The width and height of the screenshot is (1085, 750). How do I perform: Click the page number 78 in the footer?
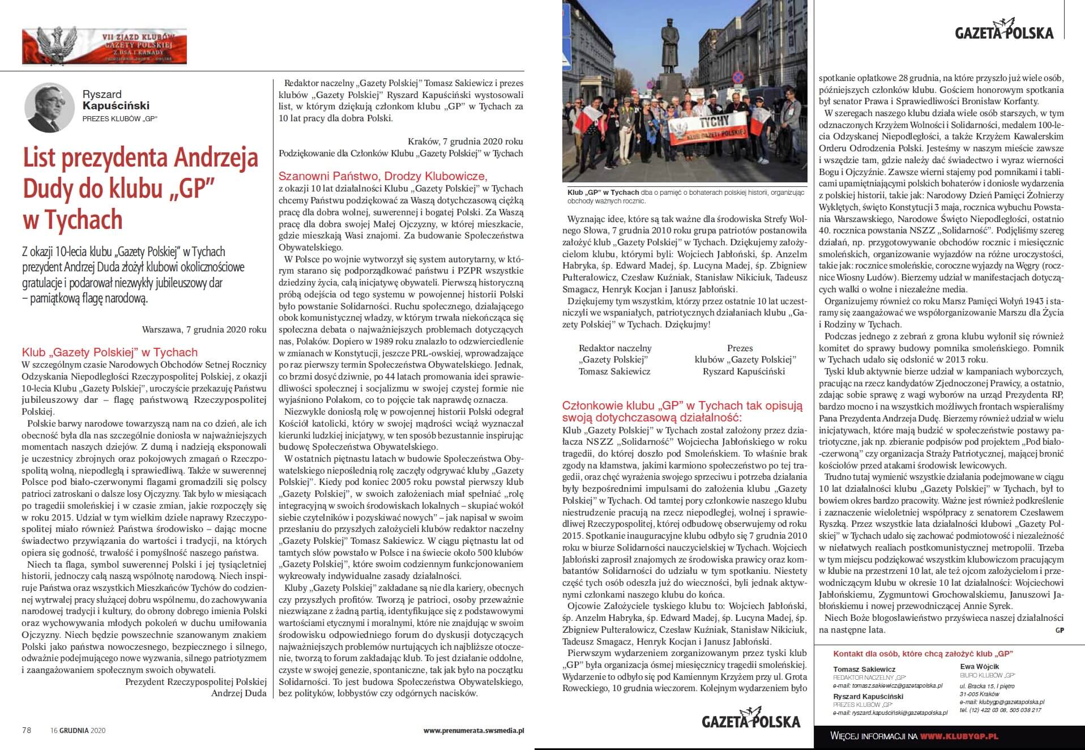pyautogui.click(x=27, y=730)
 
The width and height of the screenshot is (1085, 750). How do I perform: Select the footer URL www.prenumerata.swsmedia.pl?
pyautogui.click(x=473, y=730)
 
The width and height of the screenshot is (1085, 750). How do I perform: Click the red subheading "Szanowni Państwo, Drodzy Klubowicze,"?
pyautogui.click(x=383, y=176)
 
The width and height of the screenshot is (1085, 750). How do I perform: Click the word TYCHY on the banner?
pyautogui.click(x=699, y=124)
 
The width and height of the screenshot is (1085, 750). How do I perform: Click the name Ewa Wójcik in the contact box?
pyautogui.click(x=980, y=667)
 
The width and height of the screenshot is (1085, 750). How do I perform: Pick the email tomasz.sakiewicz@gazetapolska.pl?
pyautogui.click(x=887, y=685)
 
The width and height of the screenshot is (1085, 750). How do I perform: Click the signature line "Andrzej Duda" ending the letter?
pyautogui.click(x=238, y=693)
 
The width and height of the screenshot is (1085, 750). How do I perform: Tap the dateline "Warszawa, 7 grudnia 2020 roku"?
pyautogui.click(x=204, y=329)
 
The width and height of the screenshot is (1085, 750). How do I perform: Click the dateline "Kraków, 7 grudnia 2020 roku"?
pyautogui.click(x=465, y=141)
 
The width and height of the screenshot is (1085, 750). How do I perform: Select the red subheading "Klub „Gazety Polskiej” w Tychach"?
pyautogui.click(x=109, y=352)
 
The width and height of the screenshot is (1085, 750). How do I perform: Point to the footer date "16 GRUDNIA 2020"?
pyautogui.click(x=78, y=730)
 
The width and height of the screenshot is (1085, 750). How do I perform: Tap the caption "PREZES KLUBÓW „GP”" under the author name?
pyautogui.click(x=119, y=118)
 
